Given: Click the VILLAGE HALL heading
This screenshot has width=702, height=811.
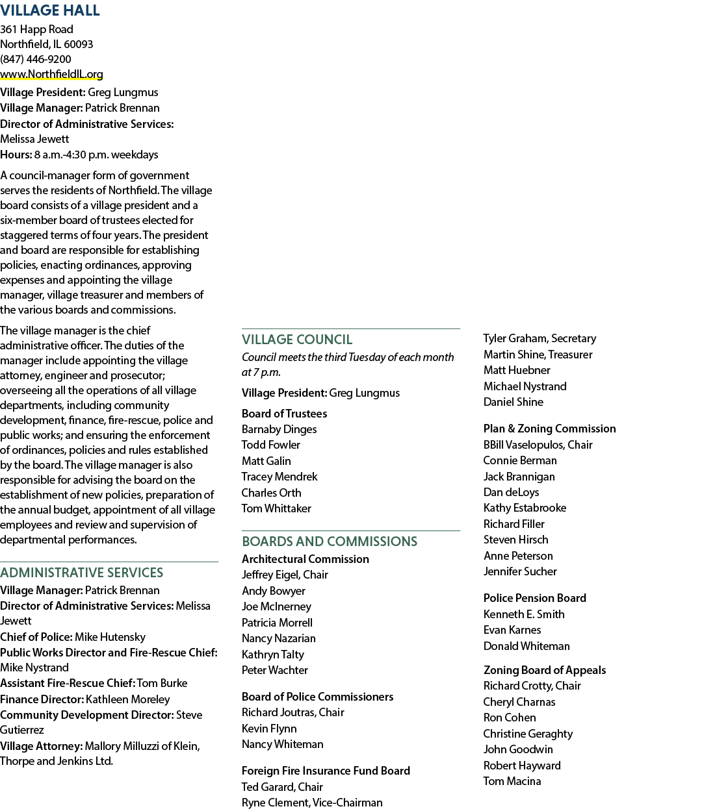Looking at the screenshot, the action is coord(50,10).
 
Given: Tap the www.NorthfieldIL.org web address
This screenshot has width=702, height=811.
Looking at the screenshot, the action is coord(51,74).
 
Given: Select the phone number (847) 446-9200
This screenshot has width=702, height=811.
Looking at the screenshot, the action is coord(35,59).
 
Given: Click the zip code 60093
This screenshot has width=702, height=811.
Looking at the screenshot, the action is coord(78,44).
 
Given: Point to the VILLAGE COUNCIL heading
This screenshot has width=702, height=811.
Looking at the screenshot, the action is coord(297,340).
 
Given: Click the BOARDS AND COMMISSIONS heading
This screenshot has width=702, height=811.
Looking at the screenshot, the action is coord(330,542).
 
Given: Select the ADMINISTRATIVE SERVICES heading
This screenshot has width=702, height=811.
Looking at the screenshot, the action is coord(82,573).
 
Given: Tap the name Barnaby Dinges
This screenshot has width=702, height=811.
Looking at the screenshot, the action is coord(279,429).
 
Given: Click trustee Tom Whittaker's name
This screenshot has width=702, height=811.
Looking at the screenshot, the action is coord(276,508).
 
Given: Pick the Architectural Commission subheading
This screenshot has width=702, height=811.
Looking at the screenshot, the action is coord(305,559).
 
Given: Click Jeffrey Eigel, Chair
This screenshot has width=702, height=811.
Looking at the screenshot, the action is coord(285,575).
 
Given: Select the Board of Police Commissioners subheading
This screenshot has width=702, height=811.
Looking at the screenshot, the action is coord(317,697).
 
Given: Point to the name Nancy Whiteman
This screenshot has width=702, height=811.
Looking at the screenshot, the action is coord(283,744).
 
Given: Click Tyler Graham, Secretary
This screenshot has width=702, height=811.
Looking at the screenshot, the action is coord(539,338).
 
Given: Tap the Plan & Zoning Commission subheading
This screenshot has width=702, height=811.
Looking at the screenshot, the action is coord(550,429).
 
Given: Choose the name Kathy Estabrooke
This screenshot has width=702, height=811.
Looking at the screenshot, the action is coord(525,508).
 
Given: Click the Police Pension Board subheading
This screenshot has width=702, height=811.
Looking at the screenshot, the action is coord(535,598).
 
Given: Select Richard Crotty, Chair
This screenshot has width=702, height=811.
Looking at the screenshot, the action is coord(532,686).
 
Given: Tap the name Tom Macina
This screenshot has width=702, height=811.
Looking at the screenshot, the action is coord(512,781).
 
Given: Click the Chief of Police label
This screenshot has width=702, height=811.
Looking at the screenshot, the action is coord(36,637).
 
